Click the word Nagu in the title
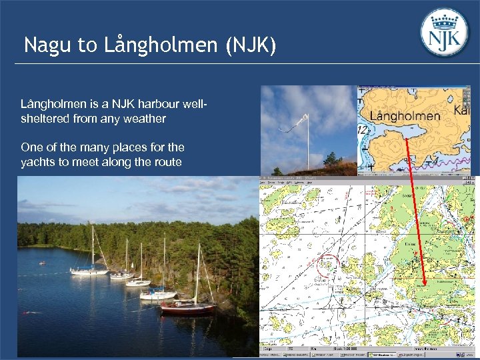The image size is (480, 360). (x=46, y=45)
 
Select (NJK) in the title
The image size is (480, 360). (x=251, y=45)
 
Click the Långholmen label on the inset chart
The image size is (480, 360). (x=405, y=116)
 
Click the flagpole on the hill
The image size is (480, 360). (x=307, y=143)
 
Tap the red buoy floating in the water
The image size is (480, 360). (x=26, y=313)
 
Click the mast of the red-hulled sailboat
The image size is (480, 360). (x=197, y=273)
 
